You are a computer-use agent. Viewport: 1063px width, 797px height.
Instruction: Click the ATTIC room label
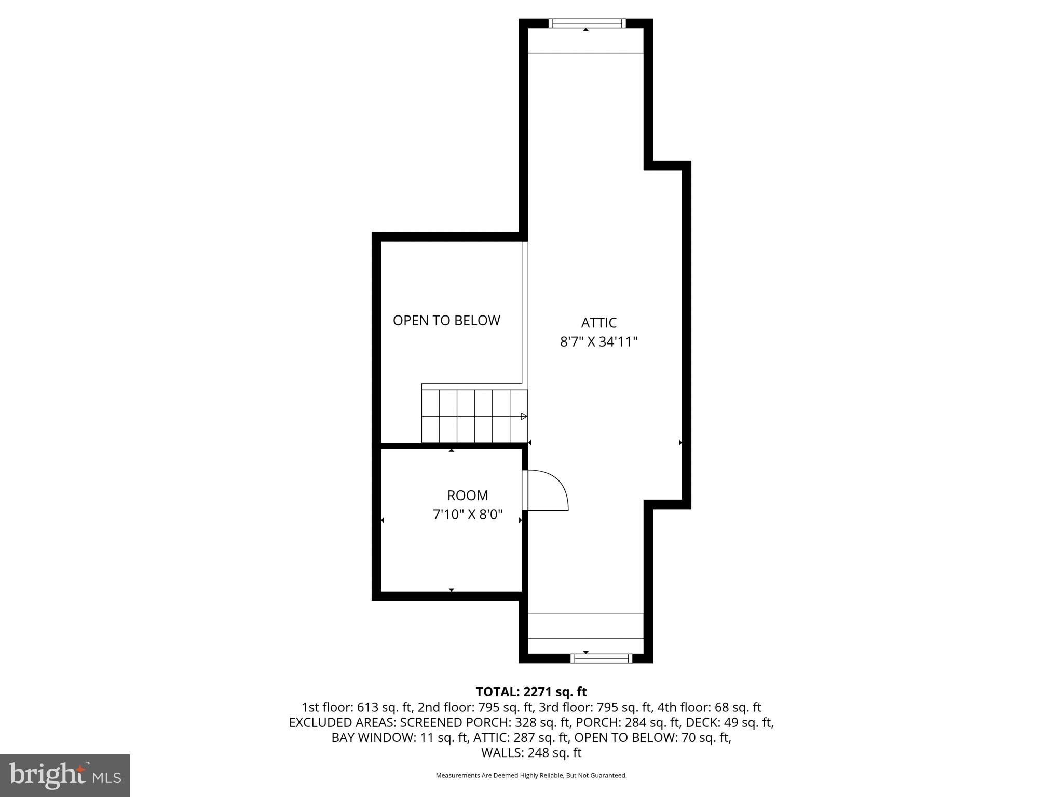(598, 323)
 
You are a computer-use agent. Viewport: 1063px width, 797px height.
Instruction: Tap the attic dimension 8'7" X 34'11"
(598, 342)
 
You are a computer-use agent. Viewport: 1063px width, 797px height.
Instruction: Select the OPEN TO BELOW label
(446, 321)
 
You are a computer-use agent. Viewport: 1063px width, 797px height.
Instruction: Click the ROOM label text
(468, 495)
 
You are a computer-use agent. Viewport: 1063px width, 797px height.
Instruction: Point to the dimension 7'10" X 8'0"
(468, 515)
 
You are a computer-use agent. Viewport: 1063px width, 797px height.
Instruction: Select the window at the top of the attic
(587, 23)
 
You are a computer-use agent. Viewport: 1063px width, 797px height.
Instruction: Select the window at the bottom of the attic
(601, 658)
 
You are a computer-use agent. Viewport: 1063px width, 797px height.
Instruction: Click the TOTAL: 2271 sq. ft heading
(531, 692)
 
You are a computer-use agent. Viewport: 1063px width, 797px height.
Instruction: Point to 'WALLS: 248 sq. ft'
(531, 753)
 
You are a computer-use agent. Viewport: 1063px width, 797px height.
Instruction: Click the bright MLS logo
(65, 775)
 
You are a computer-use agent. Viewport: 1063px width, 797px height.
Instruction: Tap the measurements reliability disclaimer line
(531, 776)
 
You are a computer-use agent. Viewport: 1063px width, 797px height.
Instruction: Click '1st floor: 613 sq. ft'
(357, 707)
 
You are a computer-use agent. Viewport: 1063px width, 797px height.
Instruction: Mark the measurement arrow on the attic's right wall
(680, 443)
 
